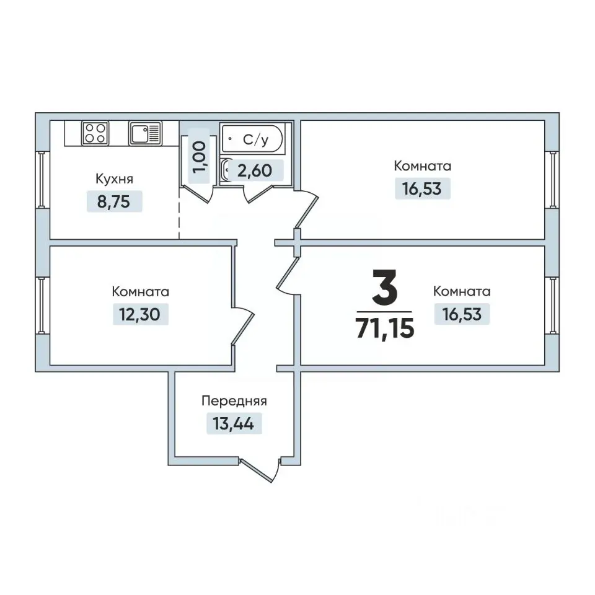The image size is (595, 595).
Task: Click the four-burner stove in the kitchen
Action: pyautogui.click(x=95, y=133)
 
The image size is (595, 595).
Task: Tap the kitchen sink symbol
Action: pyautogui.click(x=145, y=133)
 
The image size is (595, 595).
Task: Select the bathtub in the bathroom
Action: pyautogui.click(x=252, y=138)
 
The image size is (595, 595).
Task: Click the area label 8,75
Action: pyautogui.click(x=114, y=201)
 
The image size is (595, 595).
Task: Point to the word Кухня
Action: pyautogui.click(x=114, y=178)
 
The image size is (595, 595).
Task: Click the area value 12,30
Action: pyautogui.click(x=139, y=314)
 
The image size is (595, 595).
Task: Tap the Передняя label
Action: pyautogui.click(x=234, y=401)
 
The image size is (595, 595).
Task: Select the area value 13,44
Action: pyautogui.click(x=234, y=423)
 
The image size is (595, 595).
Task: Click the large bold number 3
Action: pyautogui.click(x=384, y=287)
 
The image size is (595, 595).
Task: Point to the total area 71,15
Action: pyautogui.click(x=385, y=328)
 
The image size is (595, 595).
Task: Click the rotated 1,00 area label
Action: pyautogui.click(x=199, y=156)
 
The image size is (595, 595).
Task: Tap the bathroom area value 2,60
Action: pyautogui.click(x=255, y=170)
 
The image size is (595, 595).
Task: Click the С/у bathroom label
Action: pyautogui.click(x=256, y=139)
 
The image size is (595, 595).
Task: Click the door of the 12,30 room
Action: pyautogui.click(x=243, y=325)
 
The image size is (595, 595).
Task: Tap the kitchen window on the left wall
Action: pyautogui.click(x=42, y=180)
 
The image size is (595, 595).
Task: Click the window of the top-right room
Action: pyautogui.click(x=553, y=180)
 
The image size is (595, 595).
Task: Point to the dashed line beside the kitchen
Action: pyautogui.click(x=179, y=213)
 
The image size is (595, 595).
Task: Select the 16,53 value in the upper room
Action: pyautogui.click(x=422, y=188)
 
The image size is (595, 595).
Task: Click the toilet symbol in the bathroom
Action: pyautogui.click(x=227, y=171)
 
